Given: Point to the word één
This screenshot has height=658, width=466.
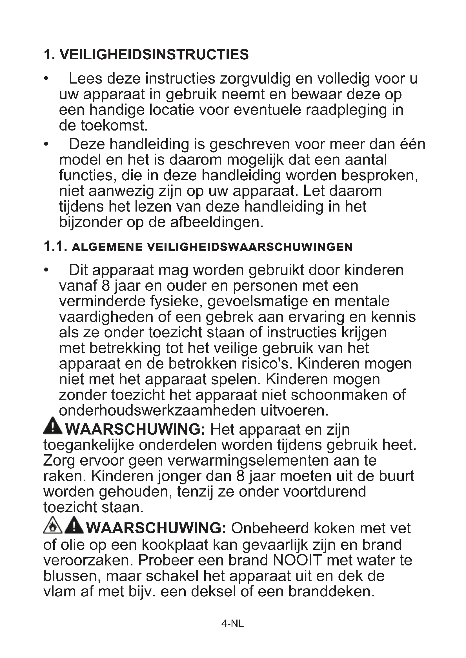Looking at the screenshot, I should (x=413, y=144).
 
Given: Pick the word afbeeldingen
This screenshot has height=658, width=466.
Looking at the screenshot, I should (x=217, y=222).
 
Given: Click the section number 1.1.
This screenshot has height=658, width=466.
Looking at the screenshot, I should (x=56, y=246).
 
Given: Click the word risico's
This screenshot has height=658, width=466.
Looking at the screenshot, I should (x=264, y=364).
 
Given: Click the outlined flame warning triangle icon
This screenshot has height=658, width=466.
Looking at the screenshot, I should (x=53, y=525).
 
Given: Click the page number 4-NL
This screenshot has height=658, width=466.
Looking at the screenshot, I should (x=232, y=624).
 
